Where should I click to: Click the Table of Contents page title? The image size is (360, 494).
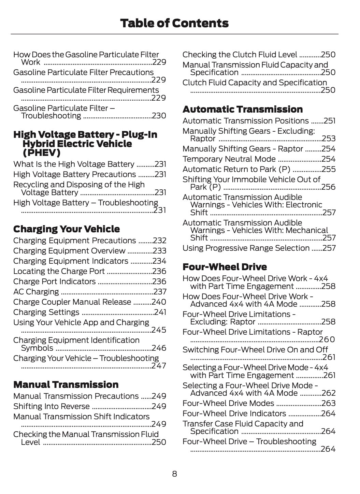tap(174, 23)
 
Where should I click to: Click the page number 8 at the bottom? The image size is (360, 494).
tap(174, 474)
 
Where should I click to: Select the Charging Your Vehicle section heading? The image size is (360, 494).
tap(67, 229)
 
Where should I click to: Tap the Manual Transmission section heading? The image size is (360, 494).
tap(66, 384)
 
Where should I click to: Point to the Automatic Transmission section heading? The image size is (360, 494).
tap(243, 109)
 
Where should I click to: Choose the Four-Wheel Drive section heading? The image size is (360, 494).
tap(225, 267)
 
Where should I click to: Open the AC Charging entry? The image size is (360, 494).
tap(36, 292)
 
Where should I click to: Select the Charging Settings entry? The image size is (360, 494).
tap(46, 312)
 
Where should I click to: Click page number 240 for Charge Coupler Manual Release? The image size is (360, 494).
tap(159, 302)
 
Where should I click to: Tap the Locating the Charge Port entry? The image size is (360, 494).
tap(59, 271)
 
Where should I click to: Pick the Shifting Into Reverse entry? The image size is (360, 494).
tap(52, 406)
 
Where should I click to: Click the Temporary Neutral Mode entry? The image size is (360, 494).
tap(229, 159)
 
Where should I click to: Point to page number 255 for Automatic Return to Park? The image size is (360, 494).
tap(328, 169)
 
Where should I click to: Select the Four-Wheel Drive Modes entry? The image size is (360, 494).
tap(228, 403)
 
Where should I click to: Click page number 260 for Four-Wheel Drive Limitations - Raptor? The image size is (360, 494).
tap(327, 339)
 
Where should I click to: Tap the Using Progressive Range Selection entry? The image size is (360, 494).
tap(246, 248)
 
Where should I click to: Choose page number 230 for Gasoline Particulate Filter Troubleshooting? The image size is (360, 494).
tap(159, 116)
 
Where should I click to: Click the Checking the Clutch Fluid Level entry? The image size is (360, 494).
tap(240, 55)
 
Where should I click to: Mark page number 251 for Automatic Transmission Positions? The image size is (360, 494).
tap(329, 121)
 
